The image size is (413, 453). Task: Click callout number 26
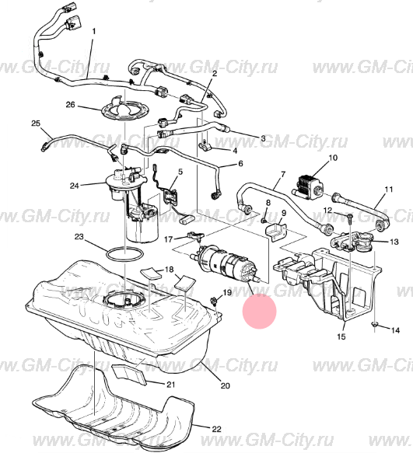point(70,105)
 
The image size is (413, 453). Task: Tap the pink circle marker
point(260,312)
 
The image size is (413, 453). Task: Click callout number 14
point(395,330)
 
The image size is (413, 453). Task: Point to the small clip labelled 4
point(204,147)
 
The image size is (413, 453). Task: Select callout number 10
point(333,158)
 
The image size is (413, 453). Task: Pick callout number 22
point(216,430)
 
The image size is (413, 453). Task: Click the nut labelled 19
point(214,301)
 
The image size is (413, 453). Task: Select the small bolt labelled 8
point(264,221)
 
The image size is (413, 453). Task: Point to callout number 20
point(225,385)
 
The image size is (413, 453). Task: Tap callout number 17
point(168,239)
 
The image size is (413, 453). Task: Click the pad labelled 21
point(129,375)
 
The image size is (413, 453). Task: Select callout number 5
point(180,172)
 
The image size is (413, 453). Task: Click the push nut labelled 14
point(375,325)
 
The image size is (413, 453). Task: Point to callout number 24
point(74,186)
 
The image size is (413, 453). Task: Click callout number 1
point(93,31)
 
